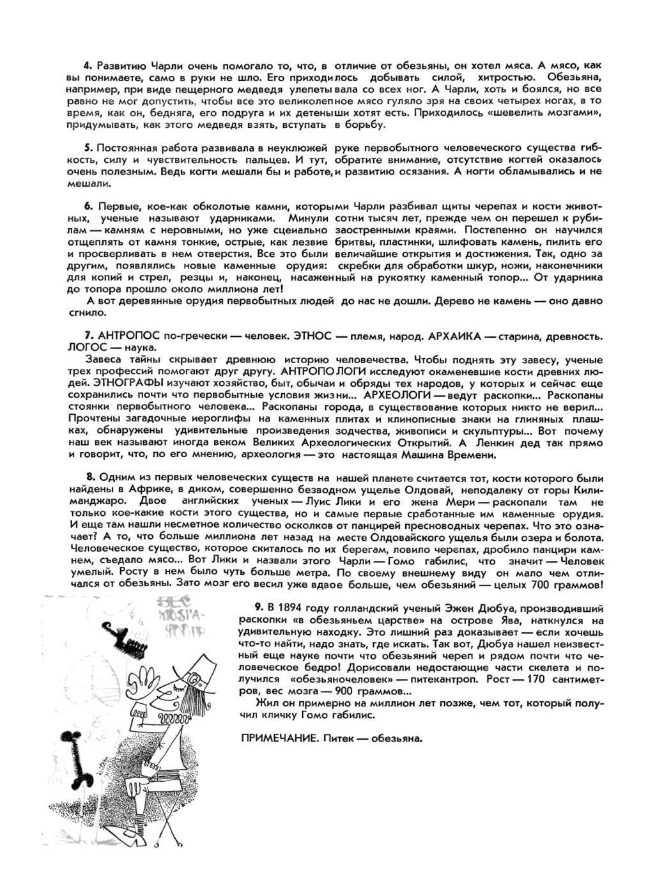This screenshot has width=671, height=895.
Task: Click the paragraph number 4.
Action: point(89,66)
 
